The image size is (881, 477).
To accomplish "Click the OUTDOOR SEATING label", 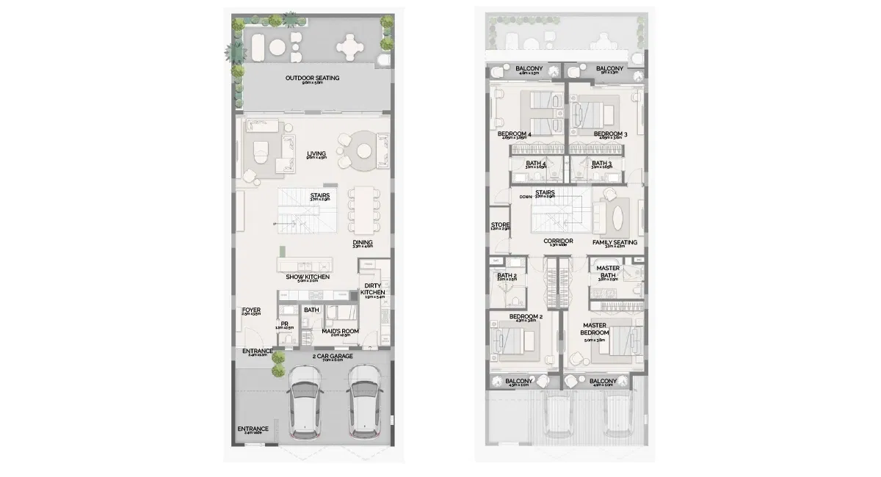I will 312,78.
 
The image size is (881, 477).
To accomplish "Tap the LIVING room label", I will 316,154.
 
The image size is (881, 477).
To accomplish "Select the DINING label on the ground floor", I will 362,242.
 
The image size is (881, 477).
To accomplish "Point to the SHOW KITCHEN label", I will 308,277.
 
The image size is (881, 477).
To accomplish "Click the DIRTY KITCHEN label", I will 373,288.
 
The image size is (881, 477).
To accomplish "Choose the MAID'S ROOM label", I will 339,331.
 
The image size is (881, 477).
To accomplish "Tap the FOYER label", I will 251,310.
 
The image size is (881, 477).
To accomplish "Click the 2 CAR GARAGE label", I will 333,357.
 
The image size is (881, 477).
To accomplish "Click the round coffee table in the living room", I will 364,150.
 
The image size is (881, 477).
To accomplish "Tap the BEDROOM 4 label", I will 514,134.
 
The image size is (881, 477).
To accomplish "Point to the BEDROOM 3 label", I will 608,134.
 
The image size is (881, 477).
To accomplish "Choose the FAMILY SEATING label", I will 614,242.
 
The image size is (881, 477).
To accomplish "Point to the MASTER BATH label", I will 608,272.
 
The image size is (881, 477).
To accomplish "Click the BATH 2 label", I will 507,276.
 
